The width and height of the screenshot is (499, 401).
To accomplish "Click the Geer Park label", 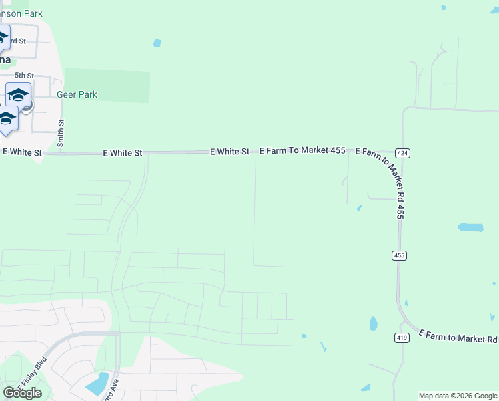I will click(x=77, y=95).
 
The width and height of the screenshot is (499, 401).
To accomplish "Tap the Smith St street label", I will click(x=61, y=133).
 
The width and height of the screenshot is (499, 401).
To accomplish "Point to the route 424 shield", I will click(x=402, y=154).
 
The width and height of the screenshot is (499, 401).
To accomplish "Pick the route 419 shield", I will click(x=402, y=338).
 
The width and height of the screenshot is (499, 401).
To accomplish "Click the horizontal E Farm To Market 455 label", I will click(x=302, y=151).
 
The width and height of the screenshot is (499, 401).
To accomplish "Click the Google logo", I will click(x=22, y=393).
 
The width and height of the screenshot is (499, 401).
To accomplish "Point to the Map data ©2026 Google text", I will click(x=458, y=396).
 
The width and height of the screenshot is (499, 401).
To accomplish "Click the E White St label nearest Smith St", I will click(x=22, y=152).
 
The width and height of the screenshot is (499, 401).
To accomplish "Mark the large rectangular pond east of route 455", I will click(x=470, y=227).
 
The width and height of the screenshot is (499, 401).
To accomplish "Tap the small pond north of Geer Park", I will click(x=157, y=43).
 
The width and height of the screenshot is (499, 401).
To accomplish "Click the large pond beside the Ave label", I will click(x=97, y=384).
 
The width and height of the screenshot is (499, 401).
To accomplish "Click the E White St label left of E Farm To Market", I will click(x=229, y=152).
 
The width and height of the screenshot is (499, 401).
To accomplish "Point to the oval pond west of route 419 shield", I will click(x=373, y=324).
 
